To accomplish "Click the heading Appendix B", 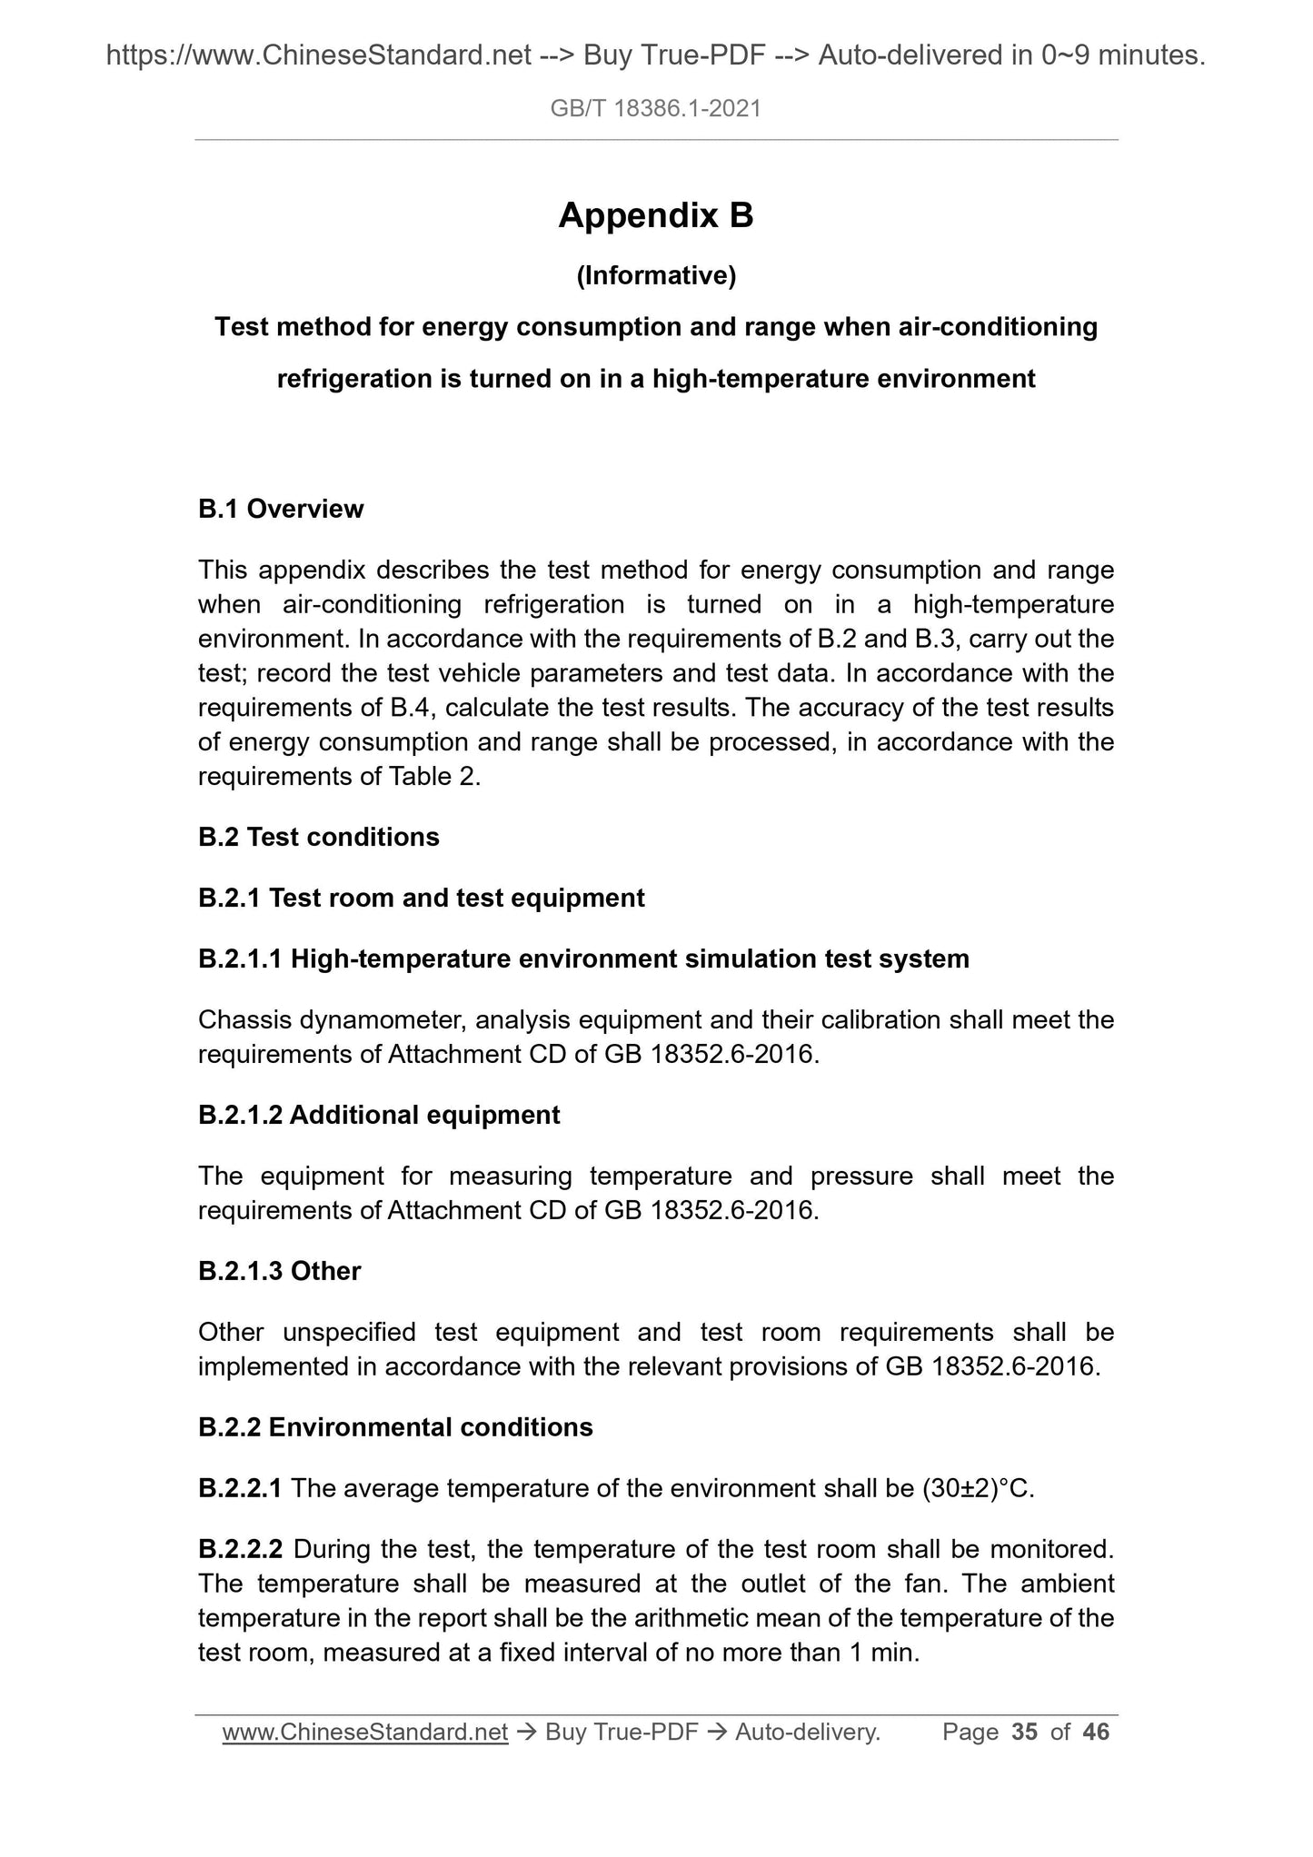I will (656, 216).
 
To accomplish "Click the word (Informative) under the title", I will (656, 275).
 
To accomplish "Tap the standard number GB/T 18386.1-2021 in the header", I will (656, 110).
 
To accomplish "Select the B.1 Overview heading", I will (281, 509).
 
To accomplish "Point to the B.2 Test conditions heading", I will (319, 837).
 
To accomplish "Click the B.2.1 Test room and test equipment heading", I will (422, 898).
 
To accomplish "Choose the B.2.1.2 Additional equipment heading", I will (379, 1115).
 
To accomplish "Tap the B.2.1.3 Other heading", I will (280, 1270).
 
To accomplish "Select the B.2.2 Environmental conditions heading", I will (395, 1426).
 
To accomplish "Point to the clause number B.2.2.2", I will (241, 1548).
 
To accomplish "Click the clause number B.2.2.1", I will (241, 1488).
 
